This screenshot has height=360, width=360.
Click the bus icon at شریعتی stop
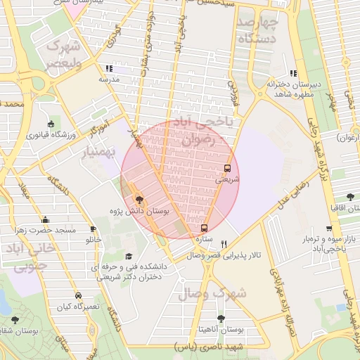(x=227, y=168)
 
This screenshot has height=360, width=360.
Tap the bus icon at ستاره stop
(x=204, y=228)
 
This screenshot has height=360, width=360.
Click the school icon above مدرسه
(x=108, y=69)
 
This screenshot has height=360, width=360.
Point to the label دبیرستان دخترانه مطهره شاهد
(x=293, y=89)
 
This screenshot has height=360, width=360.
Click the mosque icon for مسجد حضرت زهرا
(x=46, y=220)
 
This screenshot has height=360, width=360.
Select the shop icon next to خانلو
(x=93, y=229)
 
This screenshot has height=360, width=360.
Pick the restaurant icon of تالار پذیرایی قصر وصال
(x=224, y=244)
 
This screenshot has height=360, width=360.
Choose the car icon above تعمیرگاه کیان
(x=77, y=295)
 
